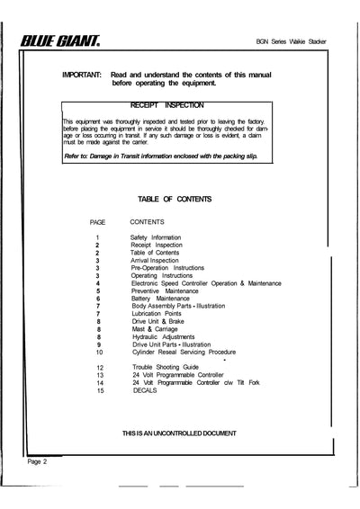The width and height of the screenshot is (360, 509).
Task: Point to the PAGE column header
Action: tap(98, 220)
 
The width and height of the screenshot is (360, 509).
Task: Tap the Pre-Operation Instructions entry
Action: tap(167, 268)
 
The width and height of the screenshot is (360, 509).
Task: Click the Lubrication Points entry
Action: tap(157, 315)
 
